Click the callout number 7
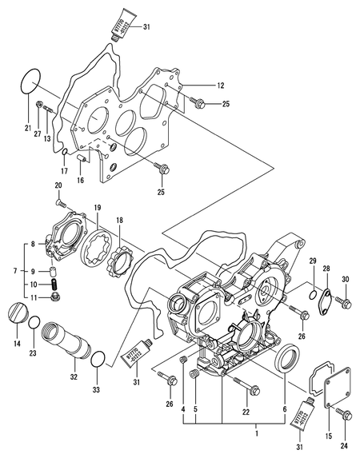[8, 272]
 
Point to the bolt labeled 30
[344, 302]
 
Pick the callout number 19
[96, 207]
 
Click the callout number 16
[80, 181]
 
